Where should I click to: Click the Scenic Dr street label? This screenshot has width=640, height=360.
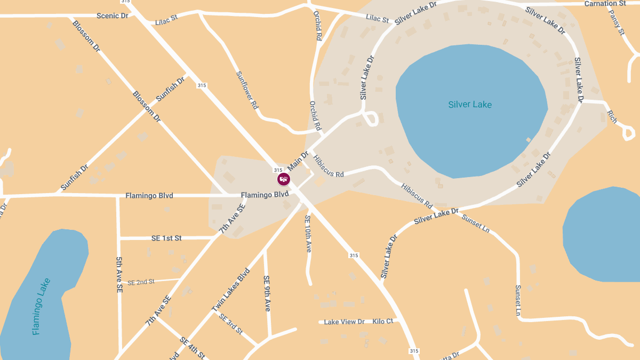[x=113, y=16]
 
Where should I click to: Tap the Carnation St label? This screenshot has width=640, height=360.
[x=605, y=4]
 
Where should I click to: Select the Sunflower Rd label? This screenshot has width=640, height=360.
[x=247, y=90]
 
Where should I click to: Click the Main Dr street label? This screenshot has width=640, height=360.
[x=298, y=161]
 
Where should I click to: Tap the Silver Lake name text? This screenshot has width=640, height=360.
[x=470, y=105]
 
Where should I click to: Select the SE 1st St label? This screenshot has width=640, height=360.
[x=166, y=238]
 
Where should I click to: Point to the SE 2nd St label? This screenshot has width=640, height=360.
[x=141, y=282]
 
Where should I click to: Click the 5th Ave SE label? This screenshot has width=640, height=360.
[x=119, y=274]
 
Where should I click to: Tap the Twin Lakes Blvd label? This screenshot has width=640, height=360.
[x=230, y=290]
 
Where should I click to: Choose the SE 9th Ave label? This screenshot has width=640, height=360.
[x=267, y=293]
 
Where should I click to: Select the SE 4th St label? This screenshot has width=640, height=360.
[x=192, y=348]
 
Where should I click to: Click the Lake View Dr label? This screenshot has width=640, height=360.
[x=344, y=322]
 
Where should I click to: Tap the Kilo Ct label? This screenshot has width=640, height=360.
[x=383, y=322]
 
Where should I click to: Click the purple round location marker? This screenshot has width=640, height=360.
[x=284, y=179]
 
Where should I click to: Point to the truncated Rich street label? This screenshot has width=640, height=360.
[x=612, y=117]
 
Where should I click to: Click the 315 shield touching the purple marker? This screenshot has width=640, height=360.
[x=278, y=170]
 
